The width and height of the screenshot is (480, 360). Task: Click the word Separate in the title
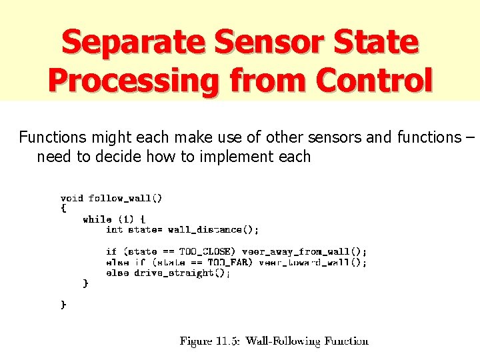pyautogui.click(x=133, y=42)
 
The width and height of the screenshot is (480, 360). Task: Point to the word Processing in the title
pyautogui.click(x=134, y=81)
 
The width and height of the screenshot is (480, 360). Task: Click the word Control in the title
pyautogui.click(x=374, y=81)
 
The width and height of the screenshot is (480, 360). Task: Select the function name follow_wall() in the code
pyautogui.click(x=125, y=198)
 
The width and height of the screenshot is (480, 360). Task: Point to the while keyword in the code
pyautogui.click(x=97, y=219)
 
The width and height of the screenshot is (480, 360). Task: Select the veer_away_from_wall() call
pyautogui.click(x=304, y=252)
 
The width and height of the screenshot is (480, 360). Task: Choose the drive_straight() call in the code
pyautogui.click(x=182, y=273)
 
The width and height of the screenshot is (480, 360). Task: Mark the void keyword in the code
pyautogui.click(x=72, y=198)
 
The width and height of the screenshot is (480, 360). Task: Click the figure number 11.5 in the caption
pyautogui.click(x=228, y=341)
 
